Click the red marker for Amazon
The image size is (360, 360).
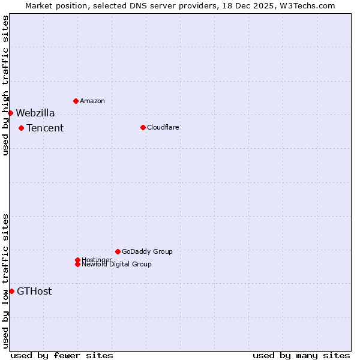coord(76,101)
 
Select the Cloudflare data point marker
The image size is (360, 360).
coord(143,127)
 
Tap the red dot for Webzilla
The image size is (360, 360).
coord(10,113)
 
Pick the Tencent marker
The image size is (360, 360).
coord(21,128)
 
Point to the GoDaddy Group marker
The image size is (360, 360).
coord(118,251)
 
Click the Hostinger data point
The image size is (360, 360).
coord(77,260)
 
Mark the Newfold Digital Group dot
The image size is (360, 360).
coord(77,264)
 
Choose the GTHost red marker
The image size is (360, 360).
coord(11,291)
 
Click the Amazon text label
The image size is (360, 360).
coord(92,101)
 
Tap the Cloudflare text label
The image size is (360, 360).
coord(163,127)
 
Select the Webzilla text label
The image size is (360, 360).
coord(35,113)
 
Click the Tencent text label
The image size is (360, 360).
coord(45,128)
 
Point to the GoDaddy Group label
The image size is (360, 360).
coord(147,251)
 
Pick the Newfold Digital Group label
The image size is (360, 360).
coord(117,265)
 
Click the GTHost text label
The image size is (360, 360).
coord(34,292)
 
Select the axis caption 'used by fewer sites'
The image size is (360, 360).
coord(62,355)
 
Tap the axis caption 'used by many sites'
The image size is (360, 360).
coord(301,355)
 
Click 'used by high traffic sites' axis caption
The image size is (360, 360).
coord(5,85)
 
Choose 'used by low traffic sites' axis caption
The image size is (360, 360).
coord(5,280)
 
